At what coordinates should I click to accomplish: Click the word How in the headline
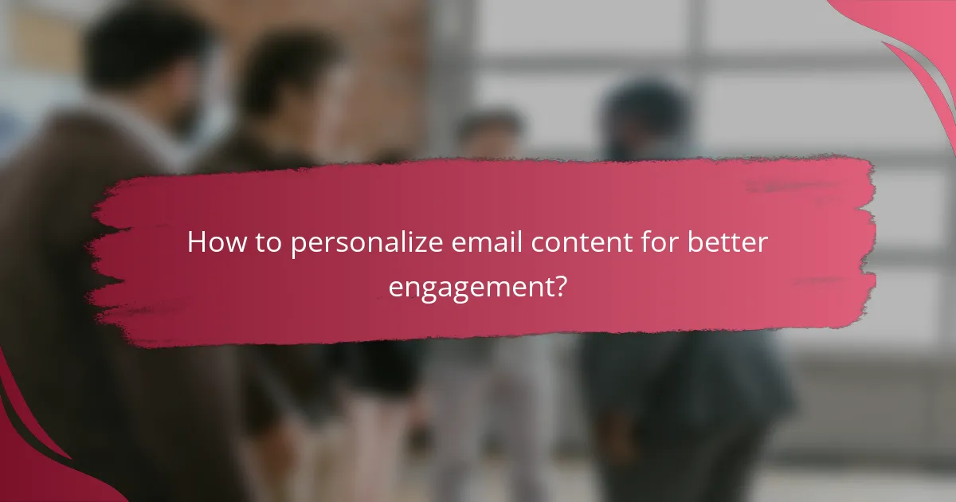(211, 243)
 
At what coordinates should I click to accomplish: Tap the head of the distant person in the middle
(489, 132)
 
